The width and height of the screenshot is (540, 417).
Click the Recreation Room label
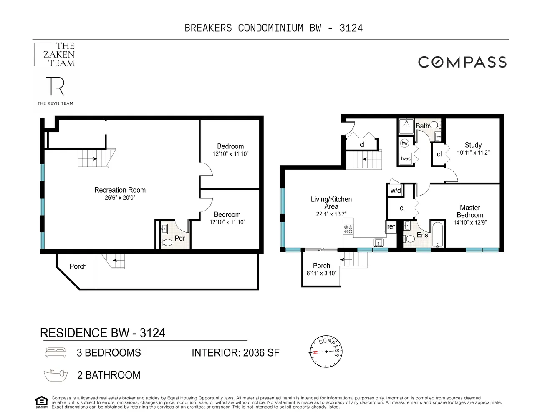click(120, 190)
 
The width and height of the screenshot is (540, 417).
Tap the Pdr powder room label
click(180, 238)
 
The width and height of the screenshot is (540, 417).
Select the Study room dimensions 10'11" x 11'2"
click(473, 153)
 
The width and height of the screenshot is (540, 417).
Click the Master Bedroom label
click(470, 211)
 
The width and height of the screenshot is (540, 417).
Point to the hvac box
click(406, 158)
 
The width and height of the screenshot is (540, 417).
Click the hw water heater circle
click(404, 143)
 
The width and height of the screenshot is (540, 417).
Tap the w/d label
click(395, 191)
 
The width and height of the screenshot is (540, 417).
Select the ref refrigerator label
click(391, 226)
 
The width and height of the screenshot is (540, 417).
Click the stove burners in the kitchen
click(348, 229)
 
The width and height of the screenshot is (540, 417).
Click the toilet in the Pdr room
click(167, 242)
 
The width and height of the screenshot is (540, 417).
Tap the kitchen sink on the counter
click(379, 242)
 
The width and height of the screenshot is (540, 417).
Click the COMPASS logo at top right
click(462, 62)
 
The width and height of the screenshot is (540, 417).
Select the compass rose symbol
click(326, 351)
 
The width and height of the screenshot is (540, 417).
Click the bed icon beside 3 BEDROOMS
click(56, 352)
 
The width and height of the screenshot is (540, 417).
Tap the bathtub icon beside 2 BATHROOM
click(56, 374)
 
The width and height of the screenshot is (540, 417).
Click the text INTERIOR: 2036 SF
click(235, 353)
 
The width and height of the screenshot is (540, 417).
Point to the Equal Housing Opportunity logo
click(41, 402)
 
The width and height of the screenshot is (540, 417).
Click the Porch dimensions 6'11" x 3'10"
click(321, 273)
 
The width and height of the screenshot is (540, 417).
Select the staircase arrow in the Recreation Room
click(96, 158)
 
